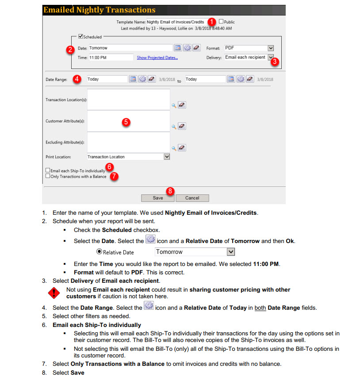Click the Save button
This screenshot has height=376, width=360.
pyautogui.click(x=157, y=198)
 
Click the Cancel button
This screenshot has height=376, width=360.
pyautogui.click(x=192, y=198)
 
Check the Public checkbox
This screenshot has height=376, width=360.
pyautogui.click(x=221, y=21)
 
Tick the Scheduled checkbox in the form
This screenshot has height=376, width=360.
pyautogui.click(x=80, y=37)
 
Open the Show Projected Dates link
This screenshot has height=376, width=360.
pyautogui.click(x=157, y=57)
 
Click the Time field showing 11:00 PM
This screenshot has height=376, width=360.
pyautogui.click(x=111, y=57)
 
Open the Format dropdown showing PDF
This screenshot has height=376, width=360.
pyautogui.click(x=249, y=48)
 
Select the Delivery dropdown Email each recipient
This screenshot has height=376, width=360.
pyautogui.click(x=249, y=57)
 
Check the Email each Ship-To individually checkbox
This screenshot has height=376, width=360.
pyautogui.click(x=48, y=170)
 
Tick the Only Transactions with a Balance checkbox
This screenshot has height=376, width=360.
pyautogui.click(x=48, y=176)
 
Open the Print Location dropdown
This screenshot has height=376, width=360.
pyautogui.click(x=128, y=156)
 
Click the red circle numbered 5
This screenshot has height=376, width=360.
pyautogui.click(x=126, y=122)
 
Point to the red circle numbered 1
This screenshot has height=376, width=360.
pyautogui.click(x=212, y=22)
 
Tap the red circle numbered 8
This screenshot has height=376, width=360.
pyautogui.click(x=170, y=191)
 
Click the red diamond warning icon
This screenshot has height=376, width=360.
pyautogui.click(x=54, y=292)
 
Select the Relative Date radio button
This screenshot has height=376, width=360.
pyautogui.click(x=99, y=252)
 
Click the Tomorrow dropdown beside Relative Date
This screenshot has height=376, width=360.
pyautogui.click(x=195, y=252)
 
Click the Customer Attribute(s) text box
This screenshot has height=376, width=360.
pyautogui.click(x=128, y=121)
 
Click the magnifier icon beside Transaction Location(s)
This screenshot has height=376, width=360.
pyautogui.click(x=174, y=105)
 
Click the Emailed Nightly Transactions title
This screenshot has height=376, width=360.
pyautogui.click(x=99, y=10)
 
